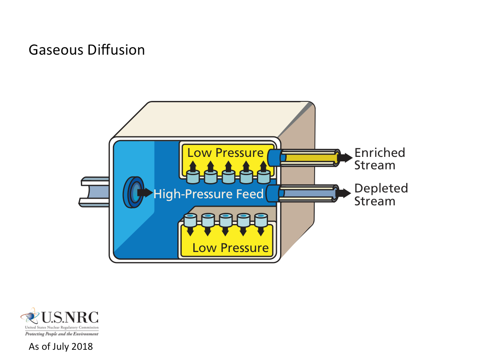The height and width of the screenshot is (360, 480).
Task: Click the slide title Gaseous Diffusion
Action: pyautogui.click(x=87, y=50)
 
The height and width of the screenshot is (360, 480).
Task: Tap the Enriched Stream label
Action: pyautogui.click(x=379, y=159)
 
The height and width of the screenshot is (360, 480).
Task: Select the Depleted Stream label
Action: pyautogui.click(x=380, y=195)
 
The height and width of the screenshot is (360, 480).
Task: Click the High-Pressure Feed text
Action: pyautogui.click(x=208, y=194)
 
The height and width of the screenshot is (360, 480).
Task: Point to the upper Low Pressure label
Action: pyautogui.click(x=225, y=153)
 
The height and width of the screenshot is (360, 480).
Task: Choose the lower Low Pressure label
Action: pyautogui.click(x=230, y=248)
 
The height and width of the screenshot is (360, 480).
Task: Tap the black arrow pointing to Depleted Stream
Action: pyautogui.click(x=343, y=193)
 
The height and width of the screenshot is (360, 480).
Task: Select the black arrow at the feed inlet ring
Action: pyautogui.click(x=144, y=193)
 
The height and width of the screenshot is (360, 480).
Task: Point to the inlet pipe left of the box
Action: pyautogui.click(x=94, y=192)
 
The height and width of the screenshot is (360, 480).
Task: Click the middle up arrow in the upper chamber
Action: pyautogui.click(x=228, y=167)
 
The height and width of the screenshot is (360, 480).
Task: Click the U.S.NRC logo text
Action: pyautogui.click(x=69, y=318)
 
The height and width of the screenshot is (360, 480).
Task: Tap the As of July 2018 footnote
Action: pyautogui.click(x=61, y=347)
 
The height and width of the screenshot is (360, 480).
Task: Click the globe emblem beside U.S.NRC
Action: pyautogui.click(x=30, y=316)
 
